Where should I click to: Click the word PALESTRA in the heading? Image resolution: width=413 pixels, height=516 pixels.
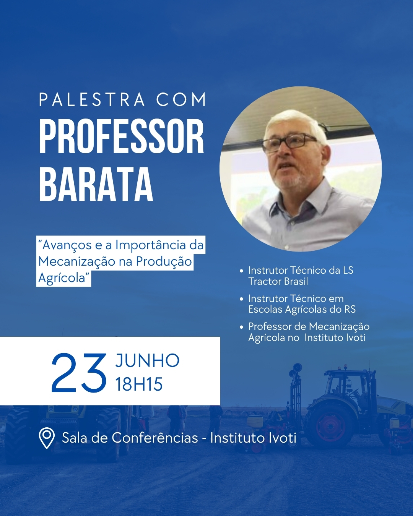pyautogui.click(x=92, y=99)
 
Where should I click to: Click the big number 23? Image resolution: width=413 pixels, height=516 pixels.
pyautogui.click(x=79, y=373)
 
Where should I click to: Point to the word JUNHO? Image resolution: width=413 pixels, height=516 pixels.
pyautogui.click(x=147, y=361)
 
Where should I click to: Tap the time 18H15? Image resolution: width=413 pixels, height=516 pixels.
pyautogui.click(x=139, y=384)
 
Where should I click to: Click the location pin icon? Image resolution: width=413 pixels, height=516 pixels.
pyautogui.click(x=47, y=438)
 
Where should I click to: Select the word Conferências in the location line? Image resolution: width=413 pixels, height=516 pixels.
pyautogui.click(x=155, y=438)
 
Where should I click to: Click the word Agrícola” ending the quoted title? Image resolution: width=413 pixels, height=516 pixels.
pyautogui.click(x=64, y=278)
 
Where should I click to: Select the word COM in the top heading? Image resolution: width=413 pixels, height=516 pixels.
pyautogui.click(x=181, y=99)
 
